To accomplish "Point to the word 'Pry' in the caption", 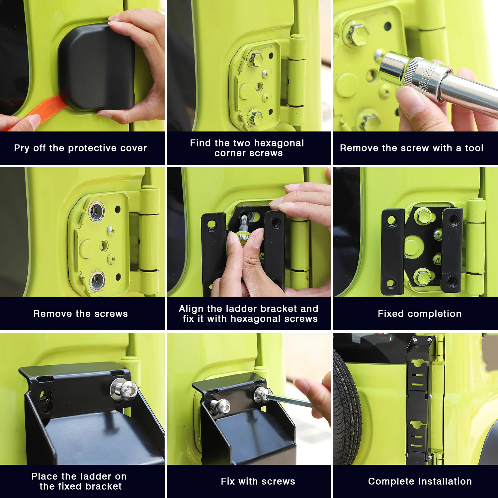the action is click(22, 148).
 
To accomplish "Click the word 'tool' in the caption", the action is click(474, 148).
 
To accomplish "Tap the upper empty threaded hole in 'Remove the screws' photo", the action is click(97, 211).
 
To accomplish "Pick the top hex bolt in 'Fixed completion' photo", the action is click(424, 216).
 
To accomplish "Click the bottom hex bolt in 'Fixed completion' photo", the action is click(422, 277).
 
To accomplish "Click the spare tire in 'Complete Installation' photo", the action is click(347, 408).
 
